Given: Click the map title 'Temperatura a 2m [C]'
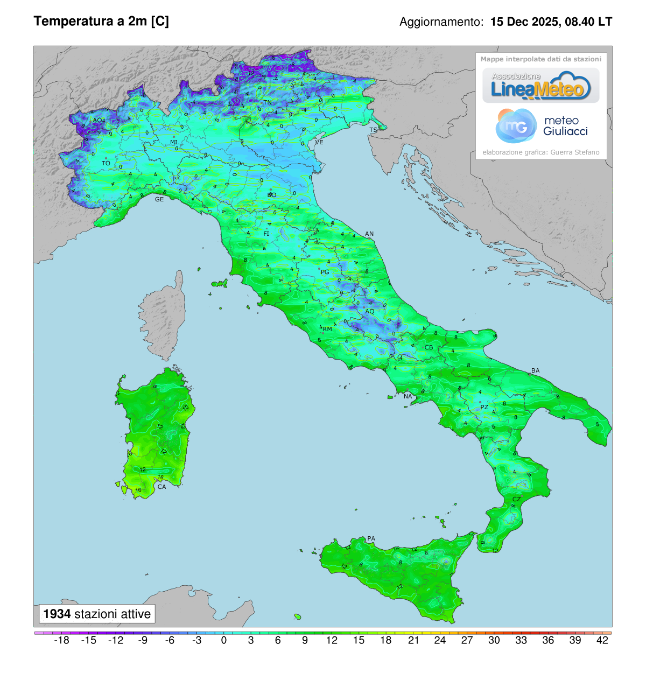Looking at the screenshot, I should [x=101, y=21].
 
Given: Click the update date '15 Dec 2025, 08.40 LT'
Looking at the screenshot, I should [x=551, y=22].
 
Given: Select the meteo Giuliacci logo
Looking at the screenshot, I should [x=542, y=126].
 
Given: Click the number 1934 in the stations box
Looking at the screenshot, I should [x=57, y=614].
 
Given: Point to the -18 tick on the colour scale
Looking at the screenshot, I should [x=62, y=640].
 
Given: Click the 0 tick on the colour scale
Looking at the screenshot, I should [x=224, y=640].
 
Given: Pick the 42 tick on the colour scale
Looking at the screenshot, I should [x=602, y=640].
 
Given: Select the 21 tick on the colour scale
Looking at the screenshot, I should [x=413, y=640].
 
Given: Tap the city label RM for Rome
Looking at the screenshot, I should [x=327, y=329].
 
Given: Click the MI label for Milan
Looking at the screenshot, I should [x=174, y=143].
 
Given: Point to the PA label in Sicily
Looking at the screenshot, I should [x=371, y=538].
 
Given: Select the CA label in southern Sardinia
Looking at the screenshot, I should [x=161, y=487].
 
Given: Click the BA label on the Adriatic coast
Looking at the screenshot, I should [x=535, y=370].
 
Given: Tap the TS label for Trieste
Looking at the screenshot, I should [x=373, y=130].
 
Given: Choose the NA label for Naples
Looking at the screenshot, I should [x=408, y=396].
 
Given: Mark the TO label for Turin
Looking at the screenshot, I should [x=106, y=163].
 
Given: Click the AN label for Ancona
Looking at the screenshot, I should [x=369, y=234].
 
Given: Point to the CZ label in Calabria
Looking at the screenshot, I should [x=516, y=499].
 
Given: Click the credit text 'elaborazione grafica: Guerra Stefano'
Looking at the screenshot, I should [x=540, y=152].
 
